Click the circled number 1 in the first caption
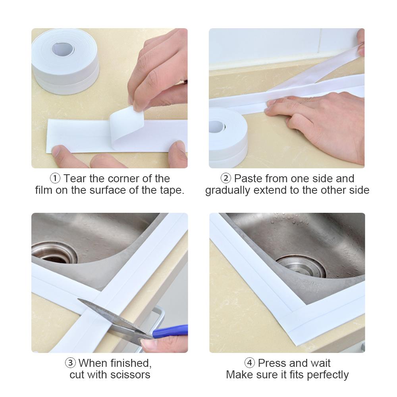55,179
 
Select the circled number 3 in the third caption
71,363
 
